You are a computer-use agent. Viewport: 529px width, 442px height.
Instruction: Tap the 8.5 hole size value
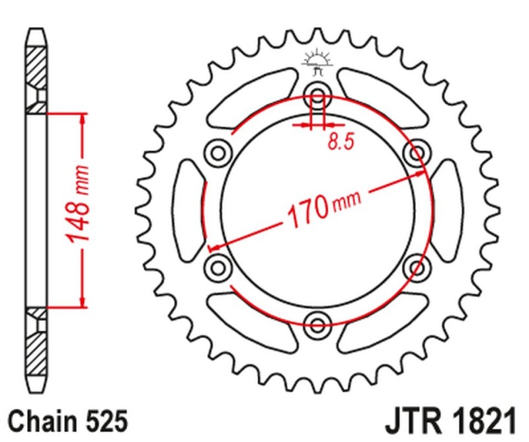(x=339, y=142)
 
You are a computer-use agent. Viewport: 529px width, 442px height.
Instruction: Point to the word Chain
(x=40, y=421)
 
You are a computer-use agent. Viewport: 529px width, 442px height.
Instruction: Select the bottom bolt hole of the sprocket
(x=317, y=324)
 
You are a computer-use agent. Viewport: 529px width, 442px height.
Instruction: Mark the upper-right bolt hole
(x=417, y=153)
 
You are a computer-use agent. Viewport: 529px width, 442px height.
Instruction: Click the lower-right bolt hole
(x=417, y=267)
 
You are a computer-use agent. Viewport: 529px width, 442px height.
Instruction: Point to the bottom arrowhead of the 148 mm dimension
(x=83, y=302)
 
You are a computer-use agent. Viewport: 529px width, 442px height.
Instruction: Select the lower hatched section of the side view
(x=37, y=347)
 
